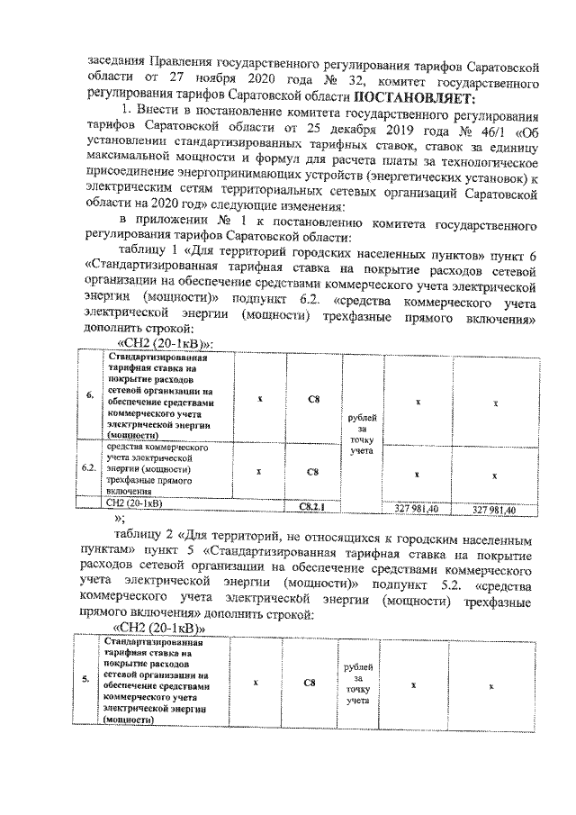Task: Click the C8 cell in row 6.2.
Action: [311, 470]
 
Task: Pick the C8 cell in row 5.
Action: [309, 683]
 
